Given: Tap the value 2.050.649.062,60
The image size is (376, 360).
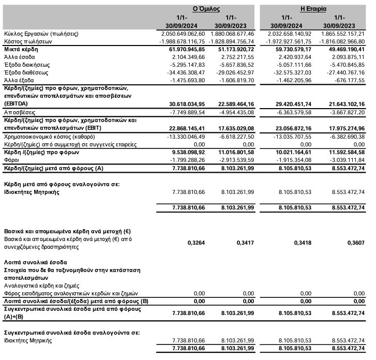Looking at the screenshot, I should pos(180,34).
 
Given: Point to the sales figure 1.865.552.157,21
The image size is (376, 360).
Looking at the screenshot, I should pos(342,34).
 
